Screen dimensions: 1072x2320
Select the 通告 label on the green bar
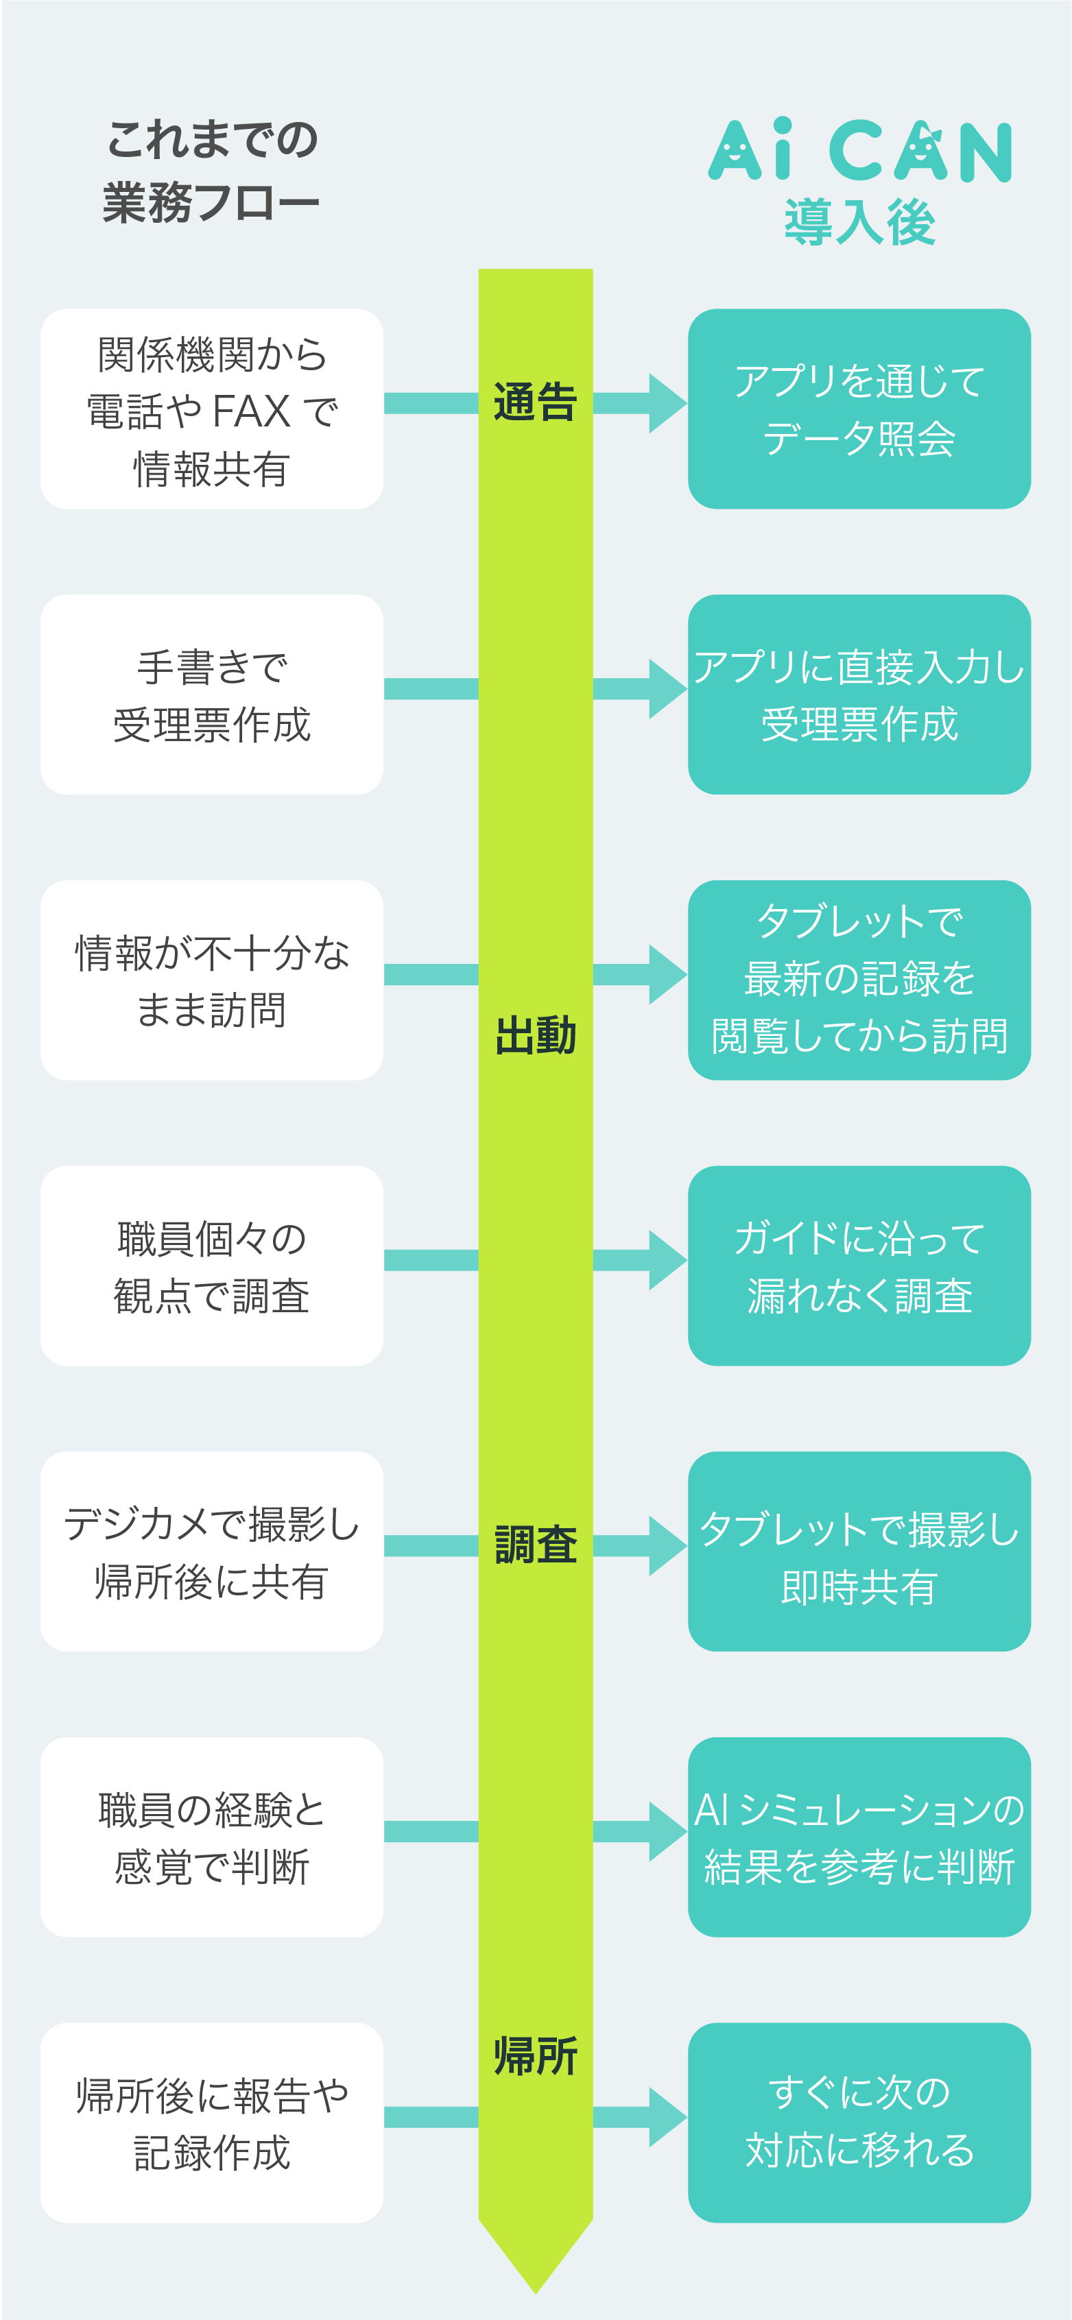(535, 402)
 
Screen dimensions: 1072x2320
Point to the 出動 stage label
(535, 1036)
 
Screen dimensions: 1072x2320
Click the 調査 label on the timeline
(535, 1545)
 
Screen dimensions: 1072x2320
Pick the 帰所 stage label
(535, 2057)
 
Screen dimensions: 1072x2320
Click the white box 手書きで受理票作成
(212, 694)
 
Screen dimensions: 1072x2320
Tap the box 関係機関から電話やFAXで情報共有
(212, 409)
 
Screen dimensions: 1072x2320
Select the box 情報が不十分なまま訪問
(212, 980)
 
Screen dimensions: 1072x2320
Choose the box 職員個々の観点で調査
(212, 1266)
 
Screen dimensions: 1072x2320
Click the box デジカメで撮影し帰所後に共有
(212, 1551)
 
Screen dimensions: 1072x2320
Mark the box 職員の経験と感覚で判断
(212, 1837)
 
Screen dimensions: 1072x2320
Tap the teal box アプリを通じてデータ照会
(859, 409)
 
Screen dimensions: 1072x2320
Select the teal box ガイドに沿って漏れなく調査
(859, 1266)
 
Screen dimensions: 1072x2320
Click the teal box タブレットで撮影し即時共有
(859, 1551)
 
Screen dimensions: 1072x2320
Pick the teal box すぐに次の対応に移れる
(859, 2123)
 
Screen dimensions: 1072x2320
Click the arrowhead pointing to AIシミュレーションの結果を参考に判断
(667, 1832)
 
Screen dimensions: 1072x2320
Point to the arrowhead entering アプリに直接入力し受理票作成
(667, 689)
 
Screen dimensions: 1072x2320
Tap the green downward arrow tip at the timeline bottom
(535, 2292)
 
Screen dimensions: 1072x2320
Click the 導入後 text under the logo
(859, 221)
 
